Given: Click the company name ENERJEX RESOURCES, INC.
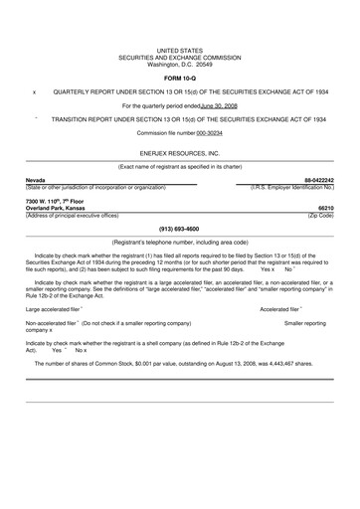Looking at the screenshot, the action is point(180,155).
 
